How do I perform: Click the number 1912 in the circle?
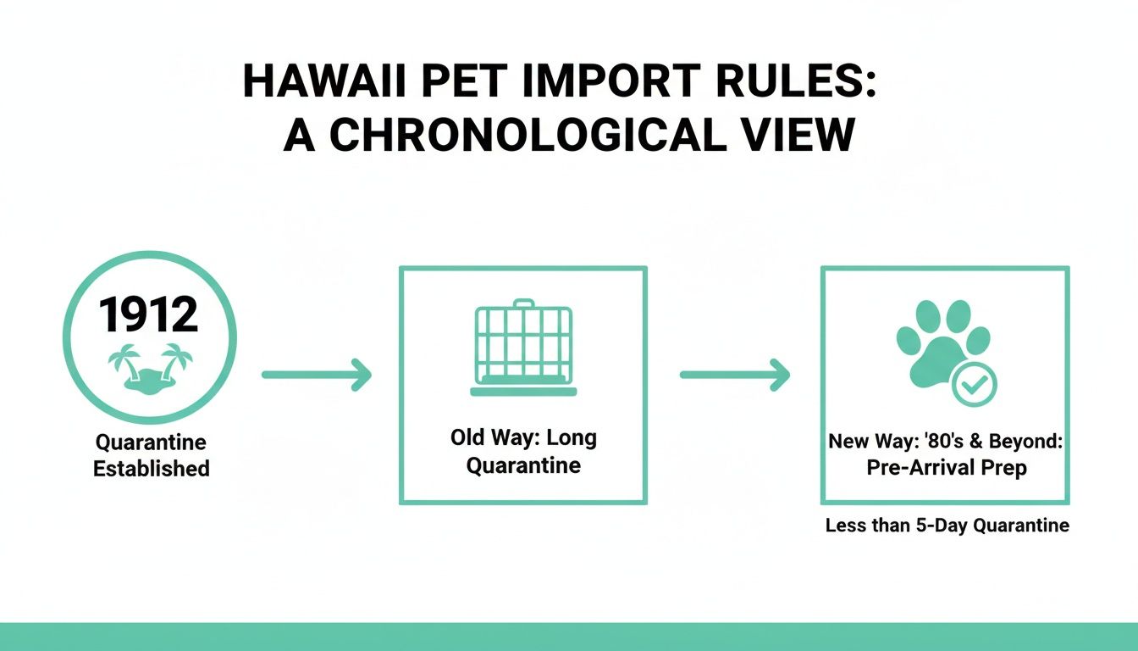coord(149,314)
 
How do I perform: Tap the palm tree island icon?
coord(150,367)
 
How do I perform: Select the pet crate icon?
coord(523,348)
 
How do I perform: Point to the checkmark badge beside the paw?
coord(975,386)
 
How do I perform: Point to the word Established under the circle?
coord(151,469)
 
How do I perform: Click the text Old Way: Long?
coord(523,438)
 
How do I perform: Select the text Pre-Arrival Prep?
coord(947,468)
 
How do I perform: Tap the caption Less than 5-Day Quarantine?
coord(947,526)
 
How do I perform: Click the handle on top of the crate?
coord(523,303)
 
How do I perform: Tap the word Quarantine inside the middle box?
coord(523,465)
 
